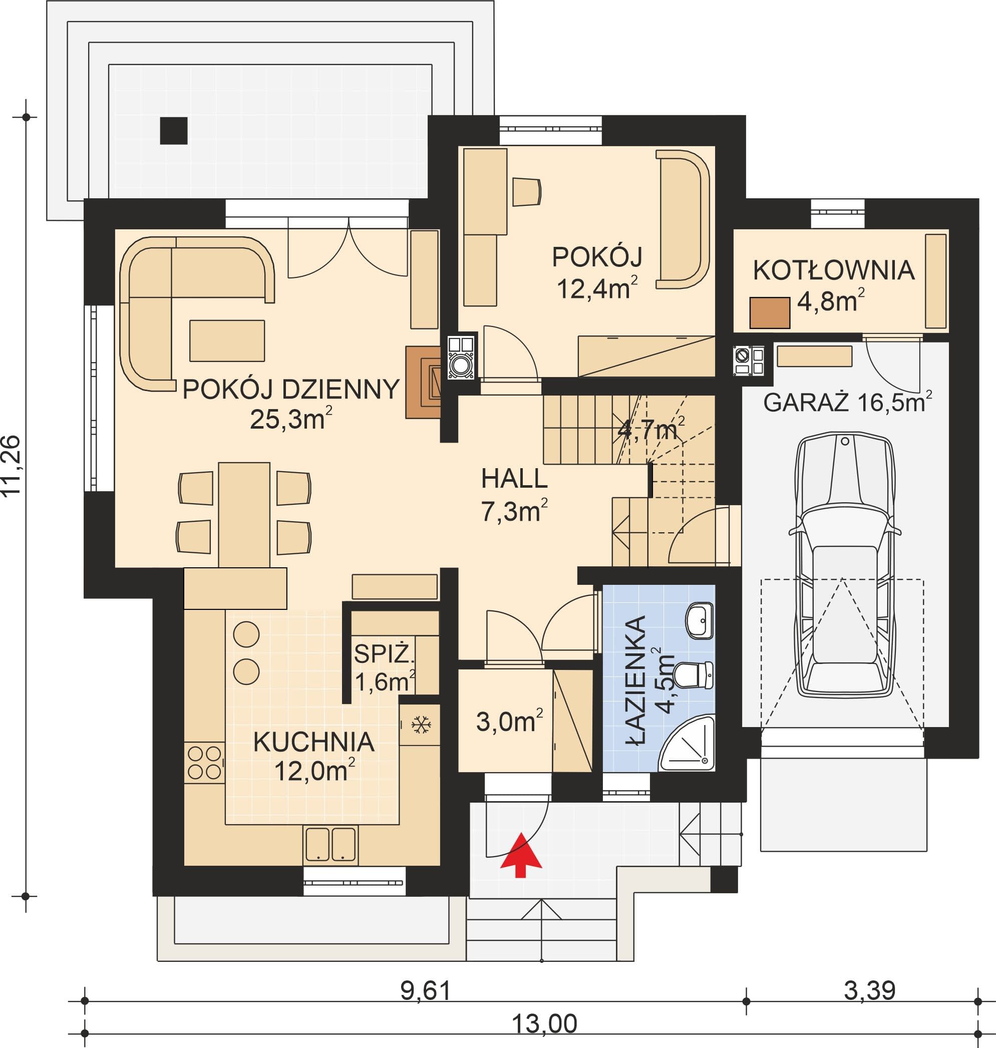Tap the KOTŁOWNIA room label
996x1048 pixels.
click(834, 270)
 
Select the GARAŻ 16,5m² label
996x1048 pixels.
click(848, 402)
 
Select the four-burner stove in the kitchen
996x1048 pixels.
click(204, 763)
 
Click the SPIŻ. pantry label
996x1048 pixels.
click(385, 653)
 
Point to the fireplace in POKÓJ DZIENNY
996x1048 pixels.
click(424, 382)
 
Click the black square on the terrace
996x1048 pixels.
click(174, 131)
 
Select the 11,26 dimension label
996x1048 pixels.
click(11, 465)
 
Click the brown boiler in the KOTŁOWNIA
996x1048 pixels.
click(770, 313)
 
